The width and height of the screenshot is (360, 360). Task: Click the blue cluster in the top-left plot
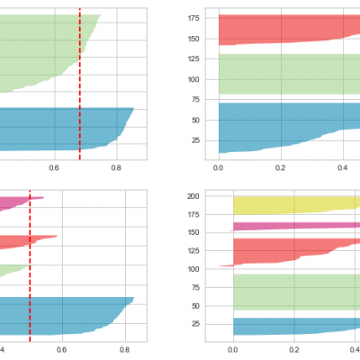[54, 128]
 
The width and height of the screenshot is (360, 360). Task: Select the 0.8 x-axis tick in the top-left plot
[117, 167]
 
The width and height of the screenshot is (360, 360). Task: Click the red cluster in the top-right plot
[288, 29]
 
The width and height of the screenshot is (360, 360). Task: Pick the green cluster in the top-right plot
[288, 74]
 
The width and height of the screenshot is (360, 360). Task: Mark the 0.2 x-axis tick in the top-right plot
[281, 167]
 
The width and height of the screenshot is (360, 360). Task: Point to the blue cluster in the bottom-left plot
[54, 315]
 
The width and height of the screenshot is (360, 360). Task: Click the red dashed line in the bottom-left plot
[30, 270]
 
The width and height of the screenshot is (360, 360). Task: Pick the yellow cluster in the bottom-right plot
[297, 205]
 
